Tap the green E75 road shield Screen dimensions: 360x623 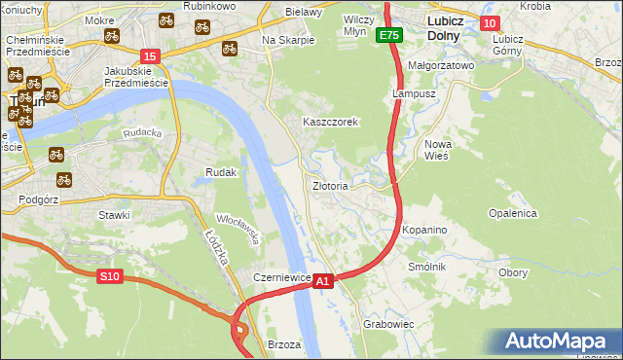coord(389,35)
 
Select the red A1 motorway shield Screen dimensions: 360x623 coord(325,280)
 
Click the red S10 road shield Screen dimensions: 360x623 coord(110,277)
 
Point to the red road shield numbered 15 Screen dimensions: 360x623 coord(149,56)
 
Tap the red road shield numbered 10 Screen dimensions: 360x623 coord(489,23)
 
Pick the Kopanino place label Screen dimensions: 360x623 coord(424,230)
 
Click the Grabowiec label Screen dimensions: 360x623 coord(388,323)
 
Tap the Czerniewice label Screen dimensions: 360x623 coord(281,277)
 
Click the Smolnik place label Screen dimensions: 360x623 coord(426,267)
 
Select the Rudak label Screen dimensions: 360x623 coord(221,172)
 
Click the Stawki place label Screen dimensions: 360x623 coord(114,214)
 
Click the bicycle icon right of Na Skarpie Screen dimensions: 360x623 coord(231,47)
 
